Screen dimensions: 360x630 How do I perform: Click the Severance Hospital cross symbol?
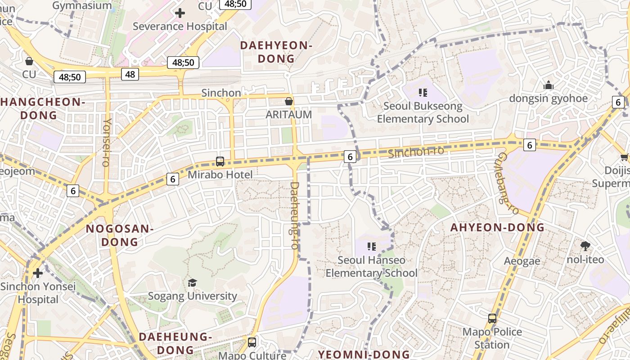point(180,13)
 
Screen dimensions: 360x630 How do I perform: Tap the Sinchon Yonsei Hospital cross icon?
point(38,273)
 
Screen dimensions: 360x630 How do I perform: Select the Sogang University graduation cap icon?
point(193,283)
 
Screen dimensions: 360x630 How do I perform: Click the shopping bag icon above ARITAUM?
point(289,102)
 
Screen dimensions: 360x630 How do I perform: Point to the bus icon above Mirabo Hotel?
point(220,161)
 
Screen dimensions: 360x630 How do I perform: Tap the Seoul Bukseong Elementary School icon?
point(423,93)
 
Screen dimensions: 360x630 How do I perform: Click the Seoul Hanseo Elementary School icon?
point(372,247)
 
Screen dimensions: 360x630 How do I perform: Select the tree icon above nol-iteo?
point(585,246)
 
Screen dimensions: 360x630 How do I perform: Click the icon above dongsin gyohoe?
point(548,85)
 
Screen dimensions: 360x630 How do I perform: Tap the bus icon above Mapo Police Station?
point(492,319)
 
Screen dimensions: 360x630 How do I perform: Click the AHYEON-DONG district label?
point(497,228)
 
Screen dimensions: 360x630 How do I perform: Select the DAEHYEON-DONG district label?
point(276,52)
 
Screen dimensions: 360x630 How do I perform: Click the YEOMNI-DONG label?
point(364,354)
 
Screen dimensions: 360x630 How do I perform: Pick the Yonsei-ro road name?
point(107,142)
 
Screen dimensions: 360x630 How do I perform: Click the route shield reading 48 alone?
point(130,74)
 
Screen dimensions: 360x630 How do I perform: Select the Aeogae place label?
point(522,261)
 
